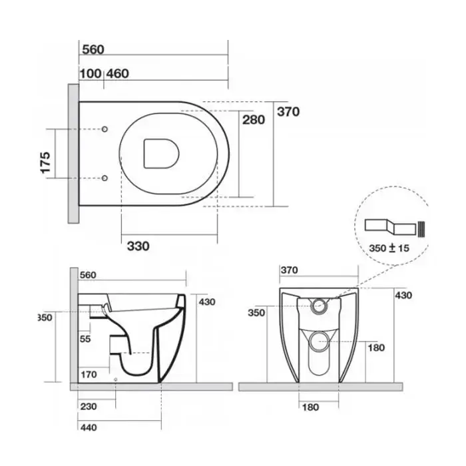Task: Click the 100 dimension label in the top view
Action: [x=91, y=73]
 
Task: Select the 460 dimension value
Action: [x=118, y=73]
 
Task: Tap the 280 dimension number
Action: [x=254, y=120]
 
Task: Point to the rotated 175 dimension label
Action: [x=45, y=162]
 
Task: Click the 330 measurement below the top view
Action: [x=138, y=246]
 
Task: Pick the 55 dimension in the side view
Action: [x=85, y=339]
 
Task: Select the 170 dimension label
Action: [x=89, y=374]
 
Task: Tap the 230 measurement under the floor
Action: [x=89, y=406]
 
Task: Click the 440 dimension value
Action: [x=89, y=427]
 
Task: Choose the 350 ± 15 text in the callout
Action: [x=389, y=248]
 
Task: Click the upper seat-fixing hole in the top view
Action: [x=105, y=129]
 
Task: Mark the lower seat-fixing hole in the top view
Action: [x=105, y=178]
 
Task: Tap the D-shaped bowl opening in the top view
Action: [x=161, y=153]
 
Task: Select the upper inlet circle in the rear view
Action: [x=319, y=306]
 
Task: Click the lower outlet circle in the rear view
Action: [x=319, y=341]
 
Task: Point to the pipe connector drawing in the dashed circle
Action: [x=395, y=228]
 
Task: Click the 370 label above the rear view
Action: [x=289, y=270]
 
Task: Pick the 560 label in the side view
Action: [x=88, y=275]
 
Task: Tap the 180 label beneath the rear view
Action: [x=311, y=407]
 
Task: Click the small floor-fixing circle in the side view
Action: [x=116, y=379]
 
